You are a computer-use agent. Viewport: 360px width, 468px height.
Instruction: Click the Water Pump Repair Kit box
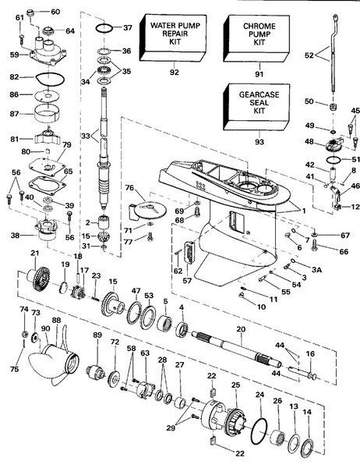pyautogui.click(x=173, y=38)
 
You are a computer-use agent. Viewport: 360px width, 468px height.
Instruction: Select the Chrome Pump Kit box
pyautogui.click(x=257, y=39)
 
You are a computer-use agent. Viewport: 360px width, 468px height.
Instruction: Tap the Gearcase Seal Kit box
pyautogui.click(x=257, y=107)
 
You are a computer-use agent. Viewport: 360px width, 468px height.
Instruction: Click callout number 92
pyautogui.click(x=175, y=73)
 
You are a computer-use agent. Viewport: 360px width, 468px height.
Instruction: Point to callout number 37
pyautogui.click(x=127, y=28)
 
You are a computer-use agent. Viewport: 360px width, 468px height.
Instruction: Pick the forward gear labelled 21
pyautogui.click(x=39, y=280)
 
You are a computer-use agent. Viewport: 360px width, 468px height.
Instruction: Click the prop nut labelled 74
pyautogui.click(x=25, y=333)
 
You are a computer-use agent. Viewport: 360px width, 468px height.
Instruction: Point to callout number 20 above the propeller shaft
pyautogui.click(x=241, y=329)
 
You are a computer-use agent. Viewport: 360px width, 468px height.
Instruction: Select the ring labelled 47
pyautogui.click(x=135, y=313)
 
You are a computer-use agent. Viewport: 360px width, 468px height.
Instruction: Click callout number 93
pyautogui.click(x=259, y=141)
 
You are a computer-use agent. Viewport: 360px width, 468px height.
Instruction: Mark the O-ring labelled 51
pyautogui.click(x=334, y=160)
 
